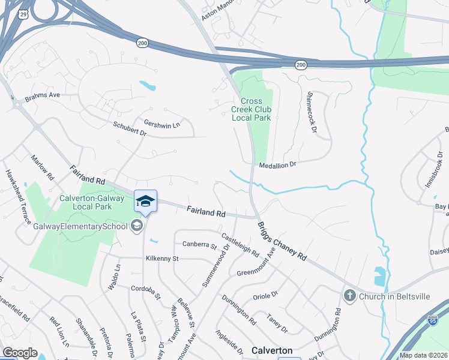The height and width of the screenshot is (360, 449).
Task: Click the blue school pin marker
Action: [x=145, y=201]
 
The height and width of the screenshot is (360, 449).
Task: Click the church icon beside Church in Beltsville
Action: [x=349, y=295]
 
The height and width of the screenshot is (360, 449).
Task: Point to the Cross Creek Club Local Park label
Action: [x=252, y=109]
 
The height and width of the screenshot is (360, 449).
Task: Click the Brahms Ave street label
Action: [x=43, y=95]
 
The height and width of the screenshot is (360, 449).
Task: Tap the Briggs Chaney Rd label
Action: [x=282, y=241]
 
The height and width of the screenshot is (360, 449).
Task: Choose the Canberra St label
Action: [x=199, y=245]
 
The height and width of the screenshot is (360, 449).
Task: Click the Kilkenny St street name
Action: [x=162, y=259]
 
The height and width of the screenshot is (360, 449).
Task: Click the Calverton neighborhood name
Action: [x=272, y=350]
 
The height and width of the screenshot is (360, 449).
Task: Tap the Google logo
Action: [x=20, y=353]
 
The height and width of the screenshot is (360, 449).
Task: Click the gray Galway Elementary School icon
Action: [x=136, y=226]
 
